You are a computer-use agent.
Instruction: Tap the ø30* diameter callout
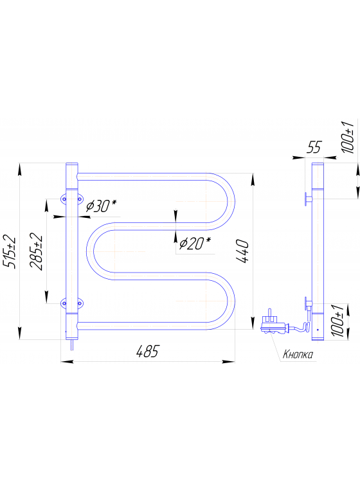(x=101, y=206)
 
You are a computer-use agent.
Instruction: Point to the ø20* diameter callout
(x=195, y=244)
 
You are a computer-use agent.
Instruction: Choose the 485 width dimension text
(x=147, y=351)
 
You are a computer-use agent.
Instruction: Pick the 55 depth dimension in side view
(x=313, y=147)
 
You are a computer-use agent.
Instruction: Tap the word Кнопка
(x=297, y=354)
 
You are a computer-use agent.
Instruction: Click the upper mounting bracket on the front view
(x=71, y=199)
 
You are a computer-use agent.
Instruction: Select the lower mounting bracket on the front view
(x=71, y=302)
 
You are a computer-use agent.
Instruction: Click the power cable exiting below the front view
(x=71, y=346)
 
